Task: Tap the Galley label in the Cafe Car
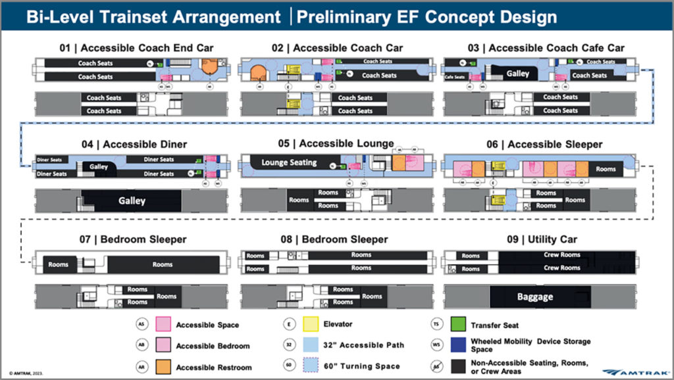pyautogui.click(x=517, y=74)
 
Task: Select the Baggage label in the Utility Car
pyautogui.click(x=534, y=297)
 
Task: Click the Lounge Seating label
pyautogui.click(x=289, y=162)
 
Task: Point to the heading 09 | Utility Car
pyautogui.click(x=538, y=239)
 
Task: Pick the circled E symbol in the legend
pyautogui.click(x=288, y=325)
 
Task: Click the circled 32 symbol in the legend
pyautogui.click(x=288, y=345)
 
